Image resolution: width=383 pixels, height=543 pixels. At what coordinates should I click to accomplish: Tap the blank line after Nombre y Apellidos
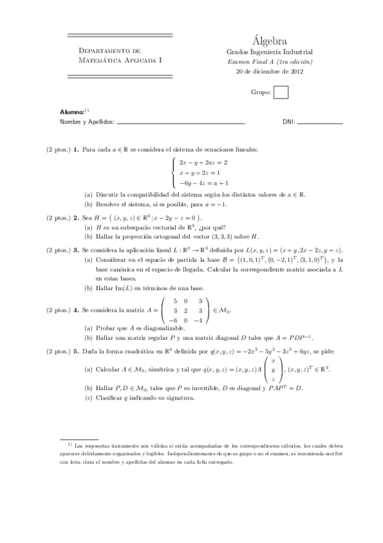click(x=182, y=122)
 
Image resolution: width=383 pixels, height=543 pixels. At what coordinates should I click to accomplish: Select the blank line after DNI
click(x=320, y=122)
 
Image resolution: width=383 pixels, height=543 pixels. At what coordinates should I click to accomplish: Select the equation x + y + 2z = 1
click(x=199, y=173)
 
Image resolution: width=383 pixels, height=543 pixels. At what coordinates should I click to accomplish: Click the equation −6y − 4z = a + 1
click(x=208, y=183)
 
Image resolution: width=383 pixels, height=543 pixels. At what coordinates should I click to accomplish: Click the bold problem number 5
click(x=75, y=351)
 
